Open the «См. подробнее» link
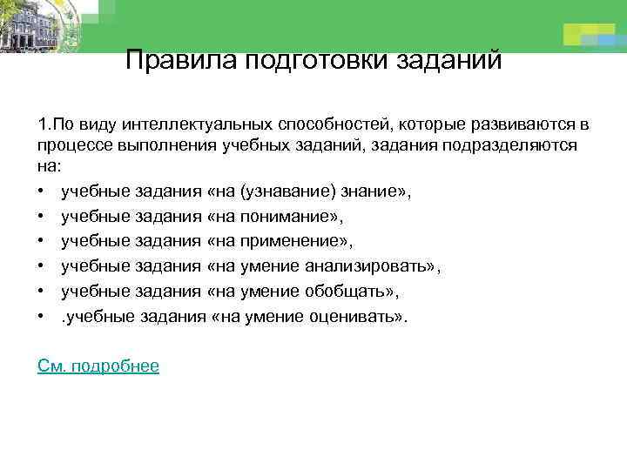tap(98, 366)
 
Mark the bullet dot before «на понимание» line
tap(43, 214)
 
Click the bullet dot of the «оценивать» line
tap(43, 316)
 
